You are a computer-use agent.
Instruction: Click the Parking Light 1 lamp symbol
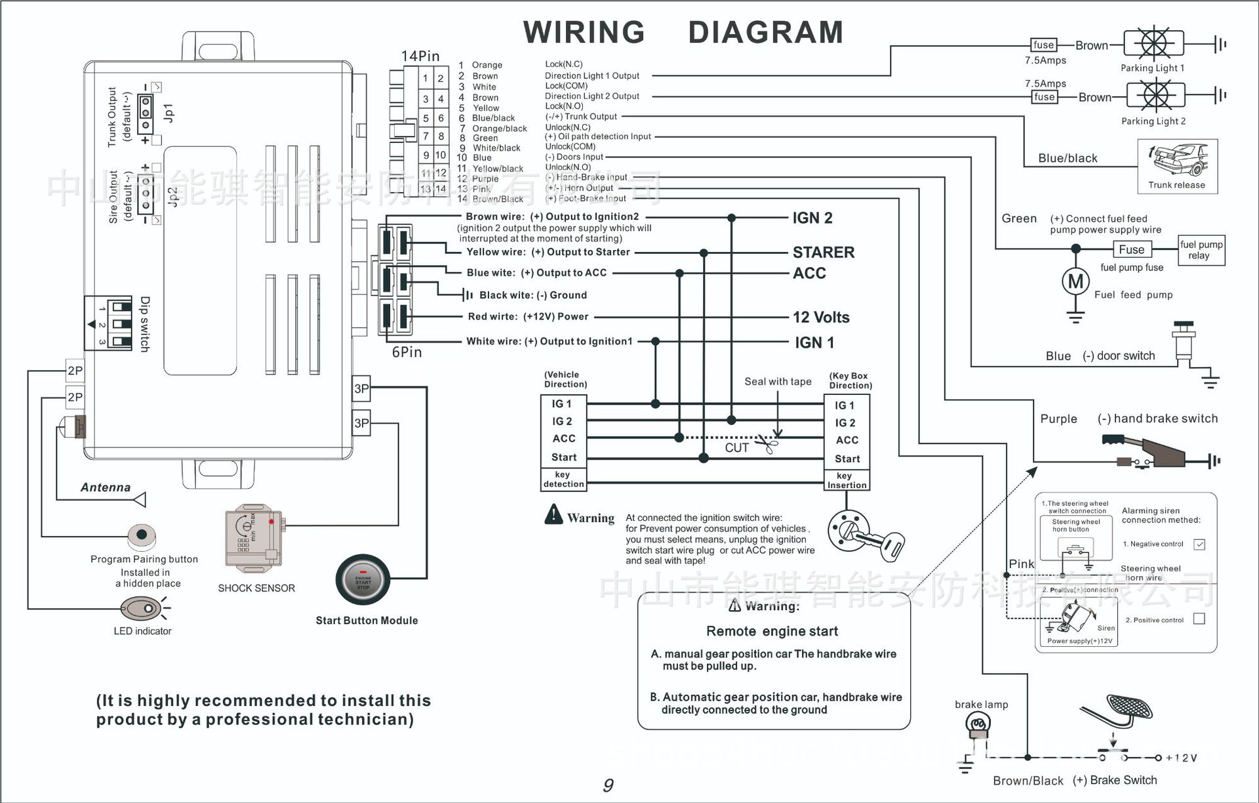(x=1153, y=45)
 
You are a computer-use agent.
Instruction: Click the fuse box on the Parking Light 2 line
(x=1045, y=97)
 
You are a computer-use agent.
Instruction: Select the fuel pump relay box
(x=1201, y=250)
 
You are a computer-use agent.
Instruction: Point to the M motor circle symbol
(x=1075, y=281)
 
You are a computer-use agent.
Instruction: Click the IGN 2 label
(x=812, y=218)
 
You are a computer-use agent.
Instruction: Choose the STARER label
(x=824, y=253)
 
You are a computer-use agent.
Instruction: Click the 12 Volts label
(x=821, y=318)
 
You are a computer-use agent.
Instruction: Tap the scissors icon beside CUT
(x=767, y=445)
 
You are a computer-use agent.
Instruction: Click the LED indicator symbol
(x=142, y=609)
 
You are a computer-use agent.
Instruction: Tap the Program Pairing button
(x=142, y=535)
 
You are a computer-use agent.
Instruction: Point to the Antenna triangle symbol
(x=140, y=500)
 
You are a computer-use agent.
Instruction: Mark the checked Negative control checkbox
(x=1199, y=545)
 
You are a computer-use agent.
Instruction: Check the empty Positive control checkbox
(x=1199, y=619)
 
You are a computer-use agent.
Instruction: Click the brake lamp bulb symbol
(x=978, y=725)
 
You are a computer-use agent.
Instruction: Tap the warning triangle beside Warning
(x=553, y=515)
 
